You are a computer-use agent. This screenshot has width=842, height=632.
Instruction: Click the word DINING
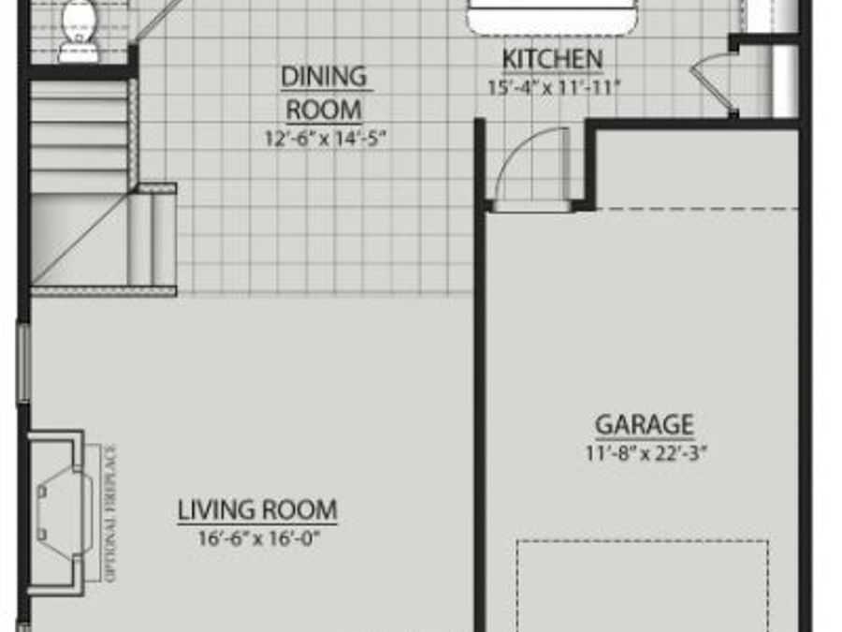point(324,76)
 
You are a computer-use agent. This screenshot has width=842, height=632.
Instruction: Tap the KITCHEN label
point(552,60)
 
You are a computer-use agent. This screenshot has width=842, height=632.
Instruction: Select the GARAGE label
point(645,425)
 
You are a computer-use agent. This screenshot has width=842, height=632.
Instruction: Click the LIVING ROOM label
point(257,511)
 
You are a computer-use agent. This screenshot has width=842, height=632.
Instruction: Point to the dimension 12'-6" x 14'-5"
point(324,138)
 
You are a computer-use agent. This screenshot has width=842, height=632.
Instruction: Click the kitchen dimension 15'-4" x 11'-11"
point(552,87)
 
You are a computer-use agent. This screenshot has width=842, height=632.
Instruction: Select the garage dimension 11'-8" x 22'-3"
point(645,453)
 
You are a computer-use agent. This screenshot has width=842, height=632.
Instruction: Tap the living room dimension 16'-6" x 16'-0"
point(257,538)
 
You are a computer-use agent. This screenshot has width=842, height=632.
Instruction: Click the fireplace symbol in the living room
point(58,511)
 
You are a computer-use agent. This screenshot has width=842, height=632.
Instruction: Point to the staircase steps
point(80,140)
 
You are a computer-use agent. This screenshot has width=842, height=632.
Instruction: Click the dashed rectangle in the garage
point(643,585)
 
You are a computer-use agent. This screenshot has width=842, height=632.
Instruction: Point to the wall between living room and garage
point(480,421)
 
